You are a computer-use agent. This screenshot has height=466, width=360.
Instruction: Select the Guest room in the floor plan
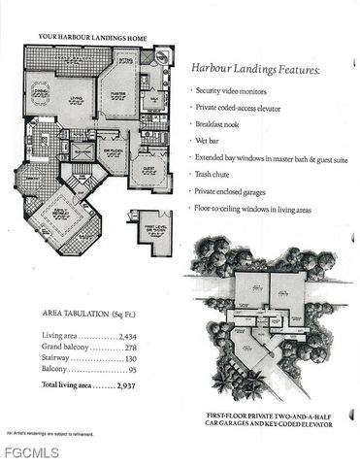(148, 166)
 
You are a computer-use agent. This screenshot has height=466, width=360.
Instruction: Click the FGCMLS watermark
(30, 452)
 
